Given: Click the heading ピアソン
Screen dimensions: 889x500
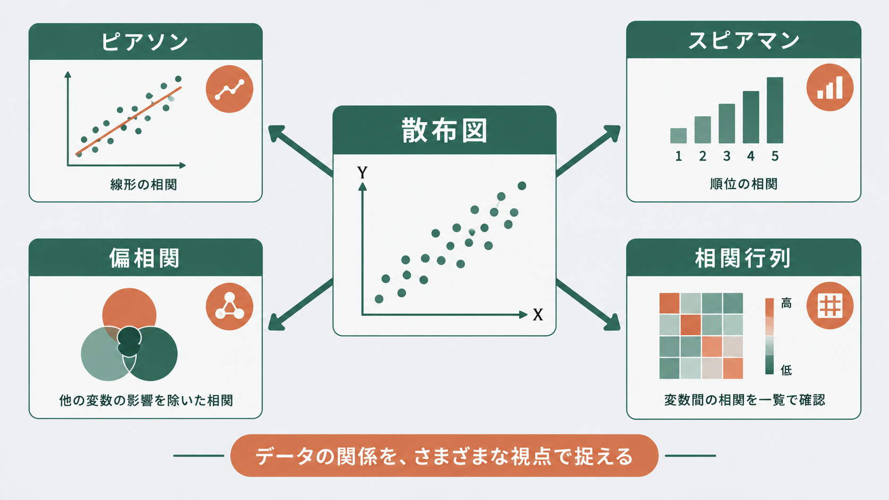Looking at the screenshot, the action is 145,42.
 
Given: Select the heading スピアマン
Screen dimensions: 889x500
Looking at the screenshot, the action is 743,41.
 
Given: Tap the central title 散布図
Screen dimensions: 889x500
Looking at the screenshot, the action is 444,130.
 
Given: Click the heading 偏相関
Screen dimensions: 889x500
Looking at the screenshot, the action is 145,258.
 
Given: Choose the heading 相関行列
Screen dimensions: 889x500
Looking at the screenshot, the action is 743,258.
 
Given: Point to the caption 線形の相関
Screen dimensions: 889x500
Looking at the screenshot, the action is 144,184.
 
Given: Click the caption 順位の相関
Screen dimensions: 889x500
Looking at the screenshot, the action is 743,184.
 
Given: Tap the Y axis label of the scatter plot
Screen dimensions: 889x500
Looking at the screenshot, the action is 362,173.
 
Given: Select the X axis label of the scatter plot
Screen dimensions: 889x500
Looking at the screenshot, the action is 538,315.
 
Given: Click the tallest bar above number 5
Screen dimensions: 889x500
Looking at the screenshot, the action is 775,110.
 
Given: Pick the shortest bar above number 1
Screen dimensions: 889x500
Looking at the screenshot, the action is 678,135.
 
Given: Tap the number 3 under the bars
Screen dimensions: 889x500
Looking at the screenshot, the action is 727,156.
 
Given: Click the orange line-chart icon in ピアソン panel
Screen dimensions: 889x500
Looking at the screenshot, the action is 229,89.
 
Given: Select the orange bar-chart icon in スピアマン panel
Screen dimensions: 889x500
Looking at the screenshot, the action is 830,87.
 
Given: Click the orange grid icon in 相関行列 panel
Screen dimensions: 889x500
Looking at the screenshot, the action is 830,306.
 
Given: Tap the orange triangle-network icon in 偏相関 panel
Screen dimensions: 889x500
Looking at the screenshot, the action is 229,307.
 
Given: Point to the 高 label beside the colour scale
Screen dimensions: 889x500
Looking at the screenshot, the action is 786,303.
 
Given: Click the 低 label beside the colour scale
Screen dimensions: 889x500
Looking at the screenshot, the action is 786,370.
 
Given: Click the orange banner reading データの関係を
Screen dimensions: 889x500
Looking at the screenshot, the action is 444,455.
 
